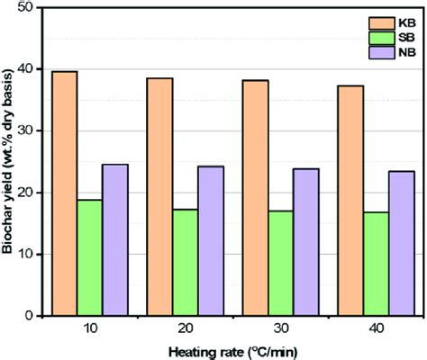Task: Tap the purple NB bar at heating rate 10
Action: [x=115, y=239]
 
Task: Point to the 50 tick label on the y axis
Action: [x=32, y=8]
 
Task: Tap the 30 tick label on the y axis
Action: [x=32, y=131]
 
